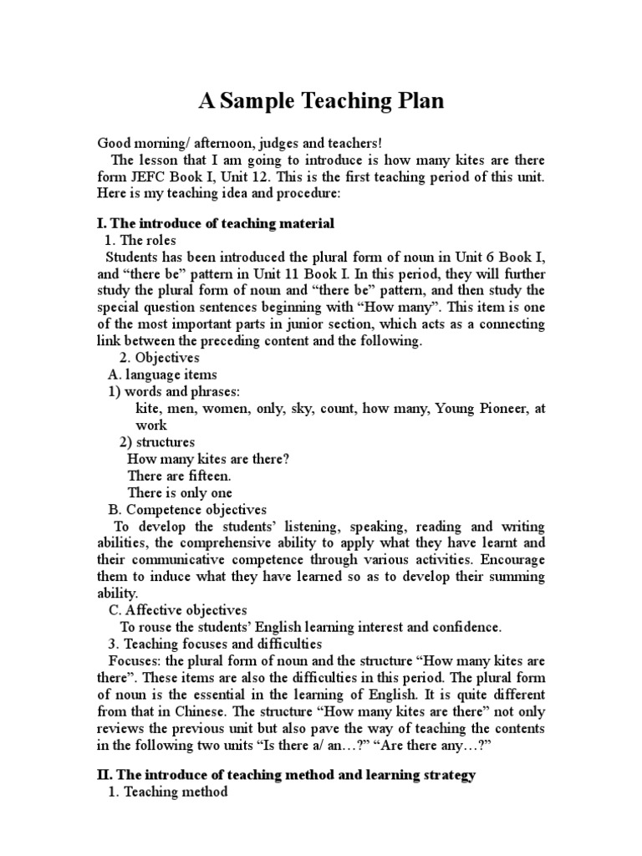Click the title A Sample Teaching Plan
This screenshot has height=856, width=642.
pyautogui.click(x=321, y=102)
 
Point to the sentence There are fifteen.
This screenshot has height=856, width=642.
pyautogui.click(x=177, y=475)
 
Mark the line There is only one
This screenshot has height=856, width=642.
pyautogui.click(x=180, y=492)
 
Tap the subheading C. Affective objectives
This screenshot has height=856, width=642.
pyautogui.click(x=177, y=610)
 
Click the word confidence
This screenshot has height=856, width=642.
pyautogui.click(x=470, y=626)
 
